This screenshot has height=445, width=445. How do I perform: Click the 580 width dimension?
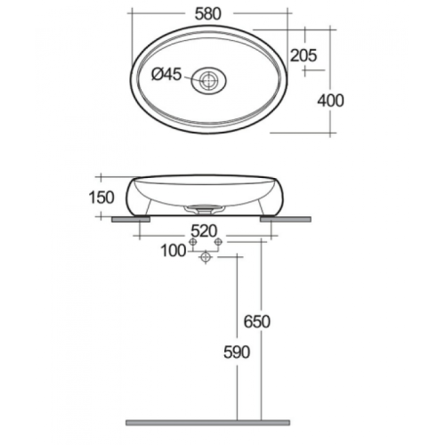pyautogui.click(x=208, y=13)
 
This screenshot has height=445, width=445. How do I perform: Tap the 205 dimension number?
pyautogui.click(x=303, y=55)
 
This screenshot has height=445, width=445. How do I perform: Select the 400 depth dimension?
pyautogui.click(x=331, y=101)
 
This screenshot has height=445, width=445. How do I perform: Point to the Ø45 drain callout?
pyautogui.click(x=166, y=74)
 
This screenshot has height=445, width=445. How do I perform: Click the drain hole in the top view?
pyautogui.click(x=208, y=80)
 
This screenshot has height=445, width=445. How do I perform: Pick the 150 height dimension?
pyautogui.click(x=101, y=198)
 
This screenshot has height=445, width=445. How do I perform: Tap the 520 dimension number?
pyautogui.click(x=204, y=231)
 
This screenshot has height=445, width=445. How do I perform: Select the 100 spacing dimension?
pyautogui.click(x=174, y=251)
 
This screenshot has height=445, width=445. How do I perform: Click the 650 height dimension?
pyautogui.click(x=257, y=322)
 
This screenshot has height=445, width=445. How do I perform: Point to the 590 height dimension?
pyautogui.click(x=237, y=352)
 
